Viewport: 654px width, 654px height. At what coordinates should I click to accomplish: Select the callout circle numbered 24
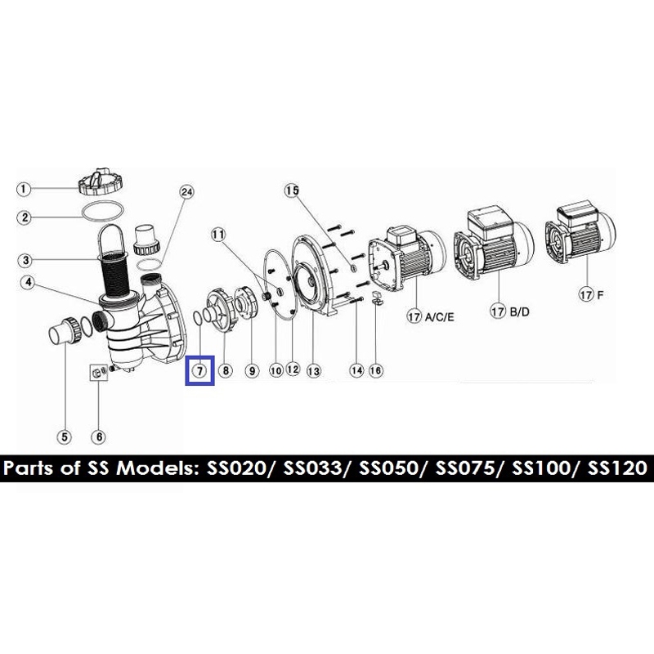point(187,192)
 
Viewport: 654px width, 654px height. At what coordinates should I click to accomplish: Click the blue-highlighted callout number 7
point(199,370)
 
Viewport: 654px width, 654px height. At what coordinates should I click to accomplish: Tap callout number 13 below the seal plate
point(312,370)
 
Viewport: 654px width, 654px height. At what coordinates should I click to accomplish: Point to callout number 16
point(376,370)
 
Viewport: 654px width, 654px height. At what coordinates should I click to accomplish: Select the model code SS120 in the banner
point(620,469)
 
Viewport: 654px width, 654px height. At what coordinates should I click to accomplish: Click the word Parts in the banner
point(30,469)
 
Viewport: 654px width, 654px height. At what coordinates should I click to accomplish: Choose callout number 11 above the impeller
point(217,235)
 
